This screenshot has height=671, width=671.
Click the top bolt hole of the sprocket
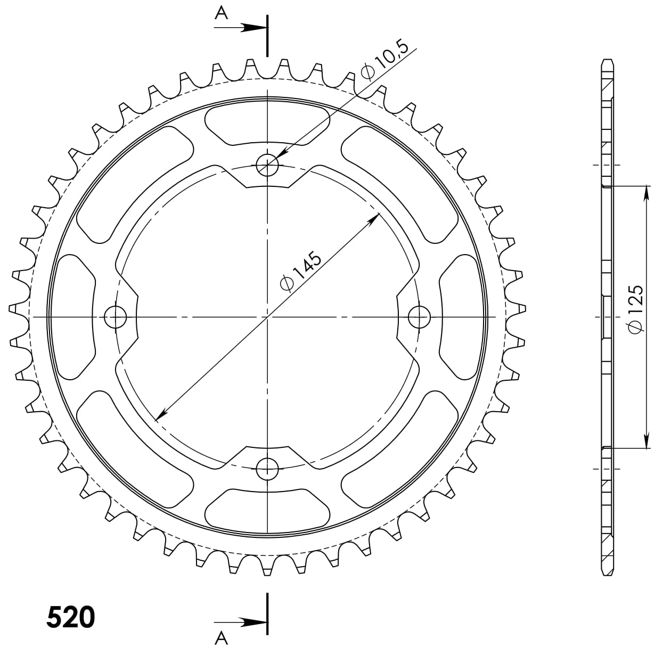[267, 165]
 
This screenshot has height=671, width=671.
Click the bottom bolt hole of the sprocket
[267, 469]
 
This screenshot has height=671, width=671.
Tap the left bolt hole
[115, 317]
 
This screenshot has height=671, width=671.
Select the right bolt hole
[419, 317]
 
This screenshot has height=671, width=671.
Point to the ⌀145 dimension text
[301, 270]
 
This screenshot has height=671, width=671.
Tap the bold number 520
[71, 617]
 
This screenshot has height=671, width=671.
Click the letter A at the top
[221, 14]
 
